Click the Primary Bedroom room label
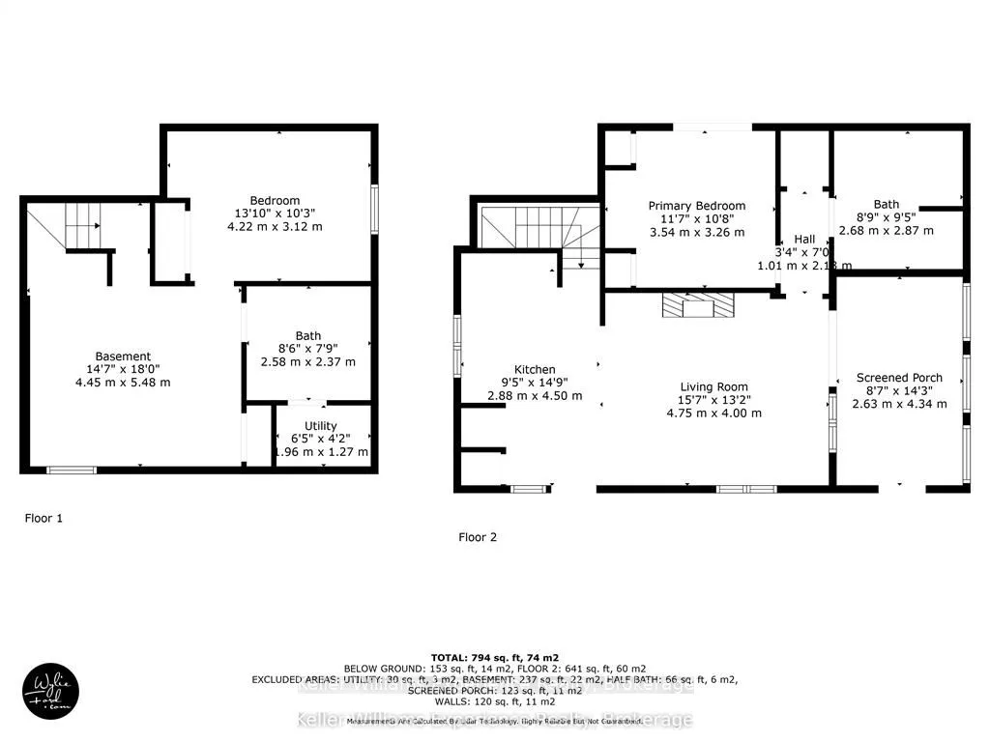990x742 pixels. point(696,206)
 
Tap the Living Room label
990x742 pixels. point(713,386)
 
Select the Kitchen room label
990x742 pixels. point(534,369)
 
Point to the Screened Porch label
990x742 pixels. point(899,378)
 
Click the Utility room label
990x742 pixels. point(320,425)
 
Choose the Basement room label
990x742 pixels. point(123,357)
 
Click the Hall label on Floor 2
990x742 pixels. point(804,239)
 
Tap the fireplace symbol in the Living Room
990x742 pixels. point(696,307)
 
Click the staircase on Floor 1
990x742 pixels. point(83,226)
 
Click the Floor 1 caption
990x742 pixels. point(44,519)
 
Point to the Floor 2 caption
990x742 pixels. point(478,537)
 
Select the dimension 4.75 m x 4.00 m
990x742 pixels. point(713,413)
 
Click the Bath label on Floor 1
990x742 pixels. point(307,336)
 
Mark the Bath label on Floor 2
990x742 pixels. point(886,204)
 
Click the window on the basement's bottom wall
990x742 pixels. point(73,471)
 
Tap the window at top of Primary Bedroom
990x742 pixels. point(712,127)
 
